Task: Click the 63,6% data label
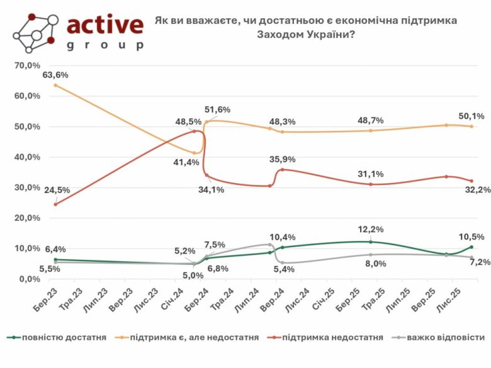click(x=55, y=75)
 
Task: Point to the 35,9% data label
click(x=283, y=159)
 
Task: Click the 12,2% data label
click(x=371, y=230)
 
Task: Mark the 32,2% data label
click(x=475, y=191)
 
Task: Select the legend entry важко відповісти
click(x=445, y=338)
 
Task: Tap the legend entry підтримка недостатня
click(x=333, y=338)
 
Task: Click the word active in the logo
click(x=105, y=25)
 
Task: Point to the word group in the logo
click(x=105, y=45)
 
